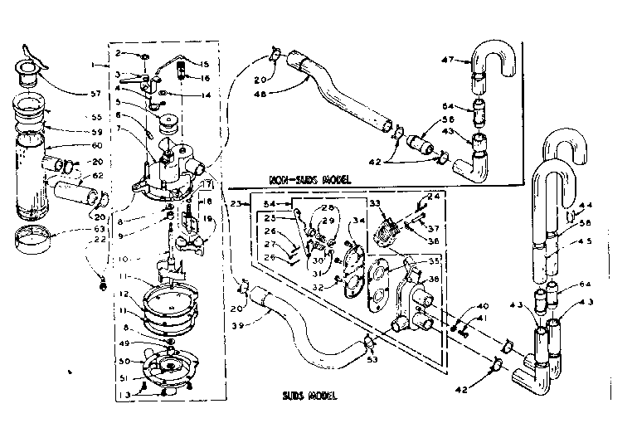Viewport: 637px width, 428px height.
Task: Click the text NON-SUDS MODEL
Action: [x=309, y=178]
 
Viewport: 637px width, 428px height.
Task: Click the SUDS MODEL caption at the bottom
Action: [x=309, y=396]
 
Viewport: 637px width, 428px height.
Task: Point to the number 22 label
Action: [x=100, y=241]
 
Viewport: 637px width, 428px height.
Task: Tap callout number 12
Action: [x=122, y=294]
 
